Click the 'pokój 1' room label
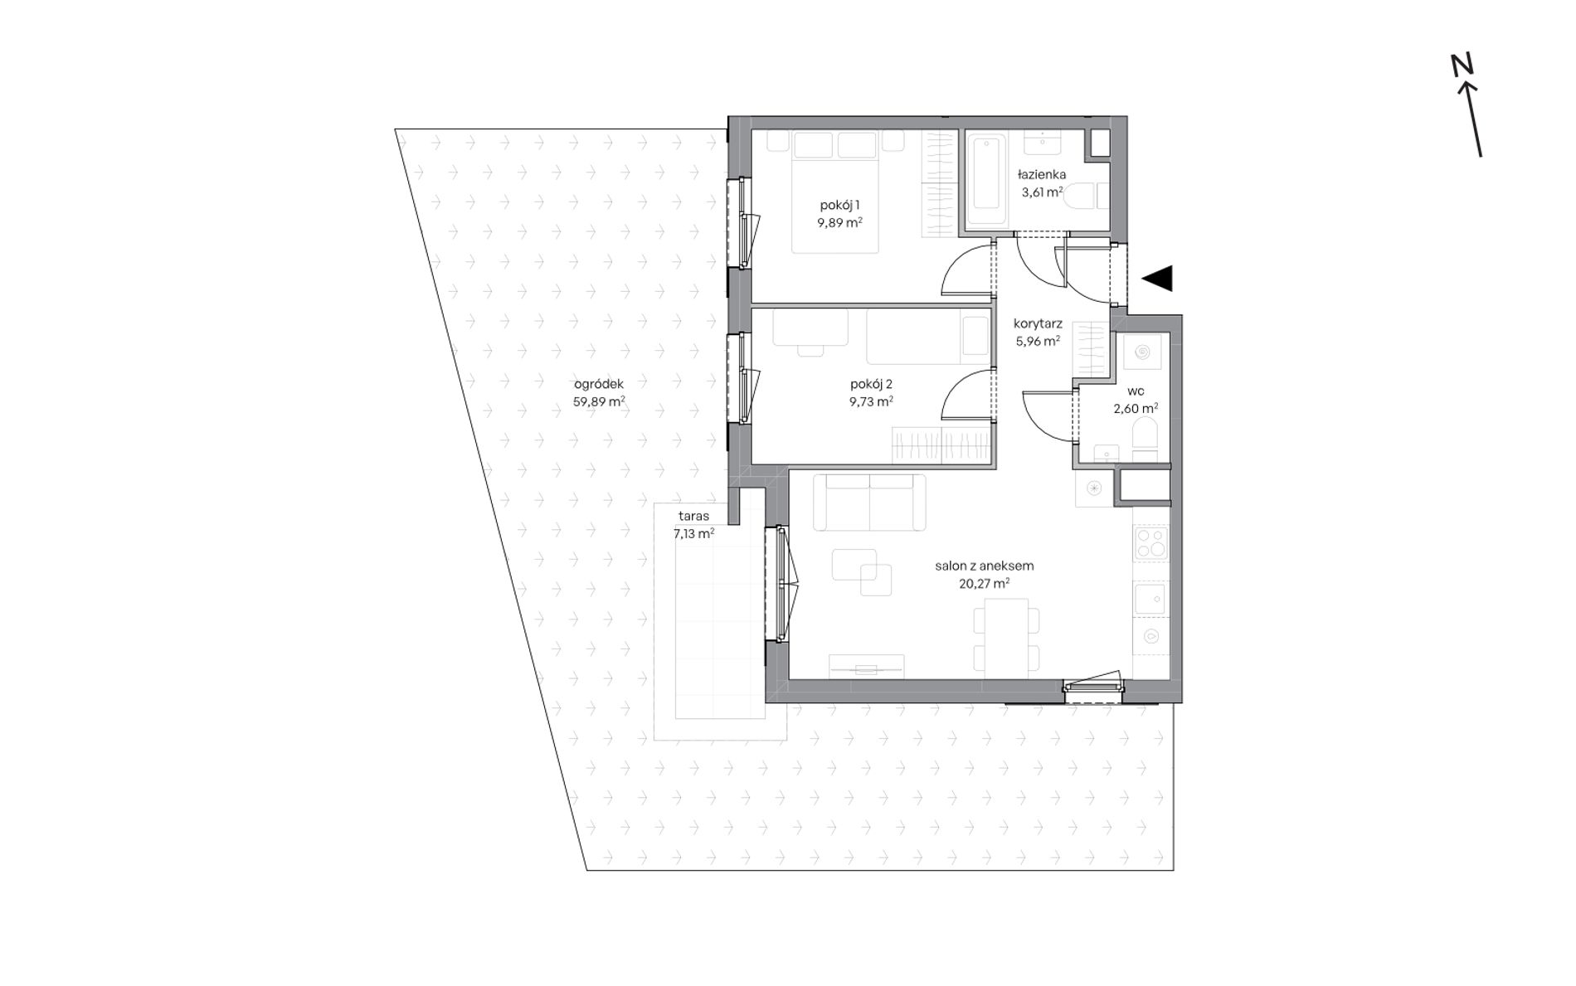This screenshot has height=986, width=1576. (x=839, y=205)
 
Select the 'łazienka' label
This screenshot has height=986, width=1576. (x=1042, y=175)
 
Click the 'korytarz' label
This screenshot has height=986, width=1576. (x=1038, y=324)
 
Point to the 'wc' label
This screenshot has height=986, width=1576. (x=1136, y=391)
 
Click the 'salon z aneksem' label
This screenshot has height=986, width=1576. (x=985, y=566)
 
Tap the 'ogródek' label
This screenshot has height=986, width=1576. (x=599, y=384)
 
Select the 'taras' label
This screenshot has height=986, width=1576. (x=693, y=517)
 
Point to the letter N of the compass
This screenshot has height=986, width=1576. (x=1462, y=65)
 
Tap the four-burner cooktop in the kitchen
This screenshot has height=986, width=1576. (x=1151, y=543)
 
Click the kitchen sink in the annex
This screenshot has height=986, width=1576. (x=1150, y=599)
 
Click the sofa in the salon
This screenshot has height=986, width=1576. (x=869, y=503)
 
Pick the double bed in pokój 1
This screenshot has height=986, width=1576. (x=834, y=192)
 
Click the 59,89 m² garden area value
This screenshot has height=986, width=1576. (x=599, y=402)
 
